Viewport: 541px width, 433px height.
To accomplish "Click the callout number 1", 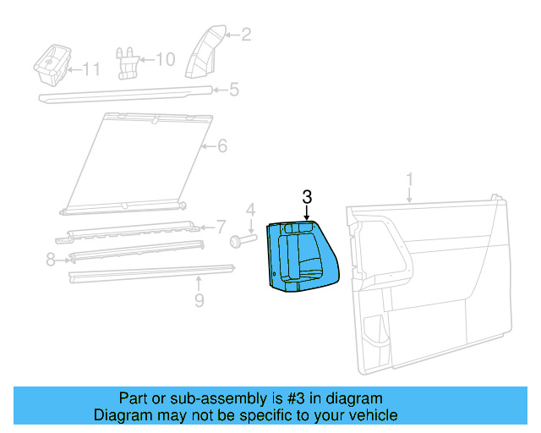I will [409, 180].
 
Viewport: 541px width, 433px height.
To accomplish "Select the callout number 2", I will [246, 35].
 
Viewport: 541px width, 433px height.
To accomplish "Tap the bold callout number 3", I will [307, 196].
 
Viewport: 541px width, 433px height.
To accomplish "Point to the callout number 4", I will [250, 210].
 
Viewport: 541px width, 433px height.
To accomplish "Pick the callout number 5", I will [234, 89].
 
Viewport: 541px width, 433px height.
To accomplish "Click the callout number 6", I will [222, 146].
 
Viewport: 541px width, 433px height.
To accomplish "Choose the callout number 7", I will [221, 227].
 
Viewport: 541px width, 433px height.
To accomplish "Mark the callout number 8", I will [50, 260].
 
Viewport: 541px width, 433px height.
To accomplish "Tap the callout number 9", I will [199, 299].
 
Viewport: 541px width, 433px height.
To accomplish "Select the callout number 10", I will [166, 59].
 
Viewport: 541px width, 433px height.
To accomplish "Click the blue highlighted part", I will [300, 258].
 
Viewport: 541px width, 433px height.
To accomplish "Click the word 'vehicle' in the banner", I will [371, 415].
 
